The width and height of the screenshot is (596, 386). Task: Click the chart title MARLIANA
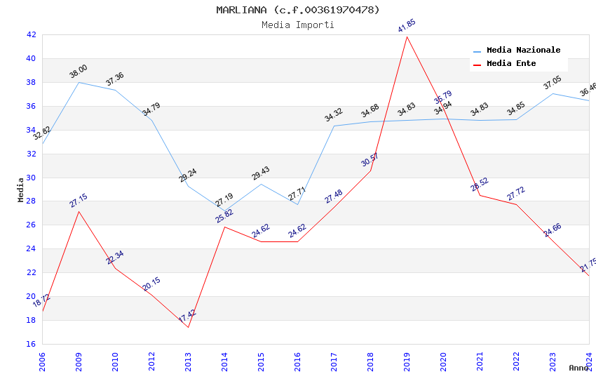[298, 10]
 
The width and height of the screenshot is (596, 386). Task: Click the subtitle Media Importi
[298, 25]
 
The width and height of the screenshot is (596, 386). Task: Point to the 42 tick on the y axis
[31, 34]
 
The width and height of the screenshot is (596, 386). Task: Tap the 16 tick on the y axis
[31, 344]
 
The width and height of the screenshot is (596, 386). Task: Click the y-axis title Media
[21, 189]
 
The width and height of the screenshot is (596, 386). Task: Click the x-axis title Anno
[578, 368]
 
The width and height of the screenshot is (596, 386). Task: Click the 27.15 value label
[79, 201]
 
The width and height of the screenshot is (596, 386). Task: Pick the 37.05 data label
[553, 84]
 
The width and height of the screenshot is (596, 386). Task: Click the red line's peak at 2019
[407, 36]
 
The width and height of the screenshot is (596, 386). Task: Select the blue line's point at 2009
[79, 82]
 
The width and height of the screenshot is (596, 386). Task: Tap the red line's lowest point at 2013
[188, 327]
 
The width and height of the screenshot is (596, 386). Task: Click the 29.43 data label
[261, 173]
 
